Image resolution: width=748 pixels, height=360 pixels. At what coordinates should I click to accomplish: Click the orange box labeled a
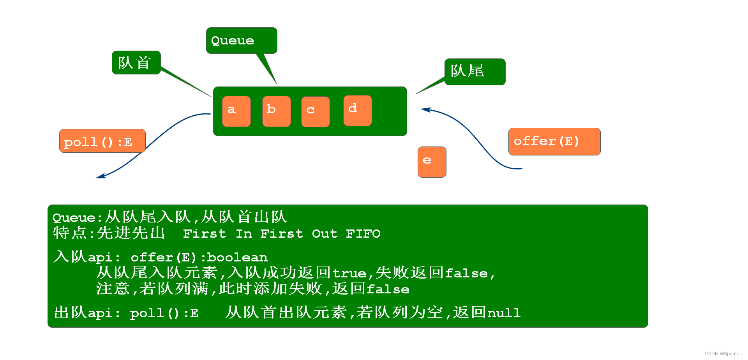click(236, 111)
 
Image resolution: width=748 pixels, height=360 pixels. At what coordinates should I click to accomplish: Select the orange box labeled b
click(276, 111)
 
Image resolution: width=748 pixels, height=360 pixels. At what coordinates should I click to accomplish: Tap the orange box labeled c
click(315, 112)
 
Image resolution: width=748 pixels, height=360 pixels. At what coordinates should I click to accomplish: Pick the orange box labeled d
click(357, 110)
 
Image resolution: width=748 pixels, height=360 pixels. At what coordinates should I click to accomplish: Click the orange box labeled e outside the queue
click(432, 162)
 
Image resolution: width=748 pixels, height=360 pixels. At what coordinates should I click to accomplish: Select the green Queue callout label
click(242, 41)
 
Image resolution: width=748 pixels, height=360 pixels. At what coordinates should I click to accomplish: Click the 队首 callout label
click(136, 62)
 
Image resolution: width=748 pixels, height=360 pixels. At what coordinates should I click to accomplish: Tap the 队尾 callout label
click(475, 72)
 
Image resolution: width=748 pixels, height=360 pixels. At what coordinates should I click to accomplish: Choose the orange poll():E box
click(102, 141)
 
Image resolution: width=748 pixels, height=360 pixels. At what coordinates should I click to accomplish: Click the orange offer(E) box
click(554, 141)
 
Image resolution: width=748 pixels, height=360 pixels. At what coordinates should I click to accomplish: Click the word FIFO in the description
click(363, 234)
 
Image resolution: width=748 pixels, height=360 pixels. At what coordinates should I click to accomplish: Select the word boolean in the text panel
click(237, 258)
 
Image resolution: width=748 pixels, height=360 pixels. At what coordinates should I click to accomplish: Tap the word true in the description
click(349, 274)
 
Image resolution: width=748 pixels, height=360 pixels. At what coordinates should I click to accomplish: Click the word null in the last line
click(504, 313)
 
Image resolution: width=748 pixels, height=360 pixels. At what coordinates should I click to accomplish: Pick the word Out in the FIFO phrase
click(325, 234)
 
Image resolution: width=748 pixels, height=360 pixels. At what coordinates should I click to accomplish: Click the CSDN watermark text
click(723, 354)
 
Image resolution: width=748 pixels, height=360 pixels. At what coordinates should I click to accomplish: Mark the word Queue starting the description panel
click(74, 218)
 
